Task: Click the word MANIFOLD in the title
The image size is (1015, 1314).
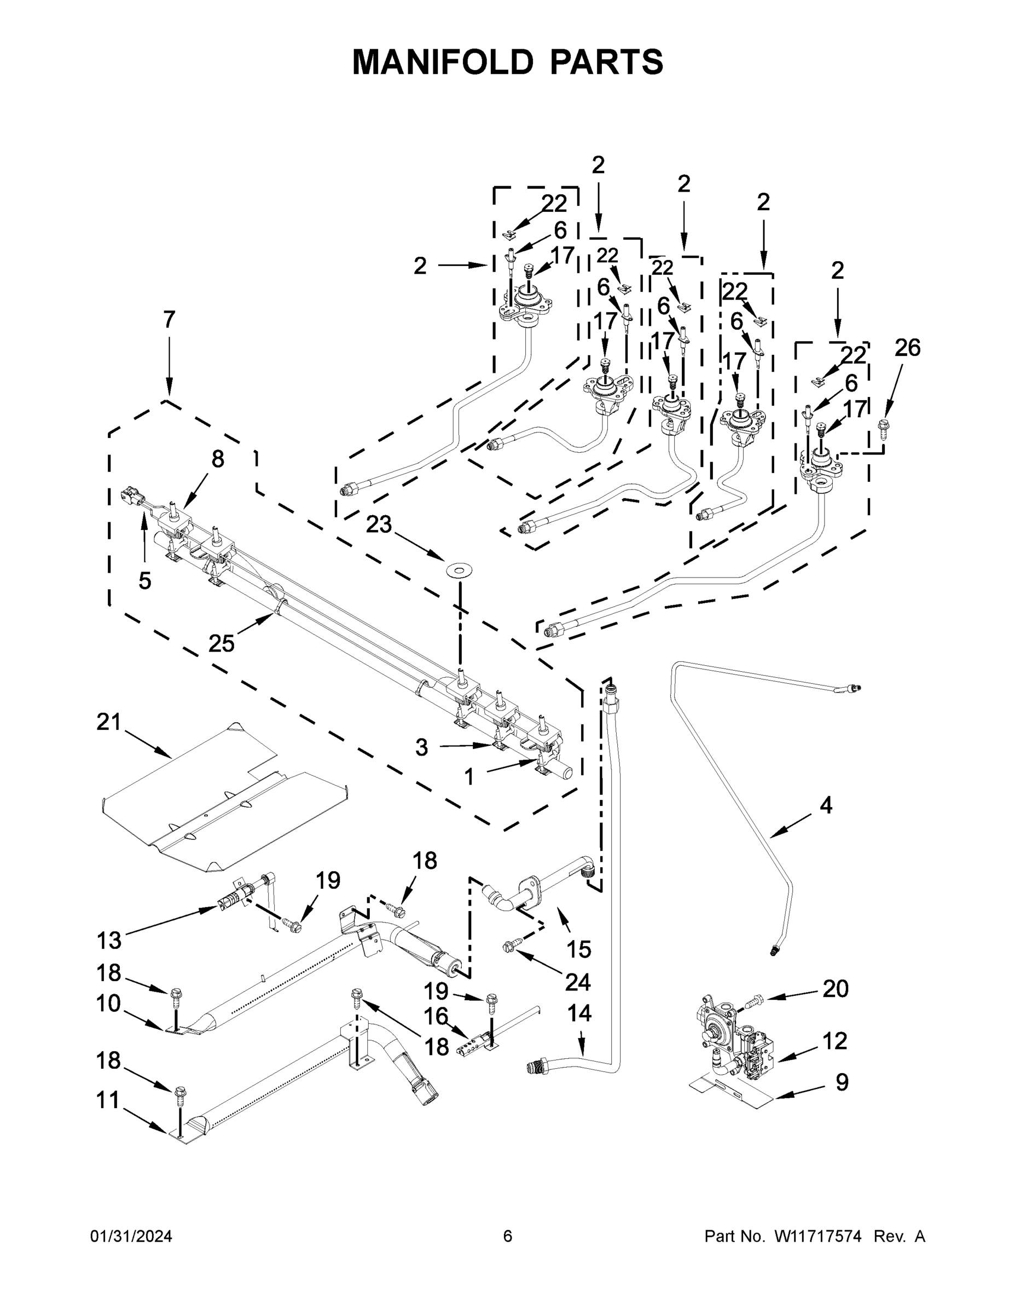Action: pos(443,62)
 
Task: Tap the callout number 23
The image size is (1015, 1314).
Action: pos(379,525)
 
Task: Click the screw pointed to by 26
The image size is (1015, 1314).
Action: pos(885,426)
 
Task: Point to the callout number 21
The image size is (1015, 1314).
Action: pos(109,722)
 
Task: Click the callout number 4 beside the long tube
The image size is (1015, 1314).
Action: pos(826,805)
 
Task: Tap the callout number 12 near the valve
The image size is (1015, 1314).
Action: pos(834,1040)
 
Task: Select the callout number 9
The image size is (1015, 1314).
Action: pos(842,1082)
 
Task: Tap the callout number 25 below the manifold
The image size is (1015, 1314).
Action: pos(221,644)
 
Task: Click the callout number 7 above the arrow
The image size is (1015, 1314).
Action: pos(169,320)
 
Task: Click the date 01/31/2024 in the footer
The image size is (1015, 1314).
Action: pos(131,1236)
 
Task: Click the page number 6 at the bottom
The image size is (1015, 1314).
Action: pos(508,1236)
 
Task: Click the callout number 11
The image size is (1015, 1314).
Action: pos(108,1100)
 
